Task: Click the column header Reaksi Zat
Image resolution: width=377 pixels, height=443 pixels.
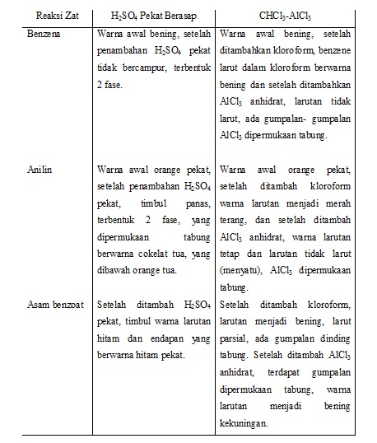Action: point(47,15)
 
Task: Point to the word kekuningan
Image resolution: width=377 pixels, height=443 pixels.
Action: point(248,425)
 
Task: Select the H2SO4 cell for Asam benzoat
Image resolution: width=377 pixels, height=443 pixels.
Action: point(154,329)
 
